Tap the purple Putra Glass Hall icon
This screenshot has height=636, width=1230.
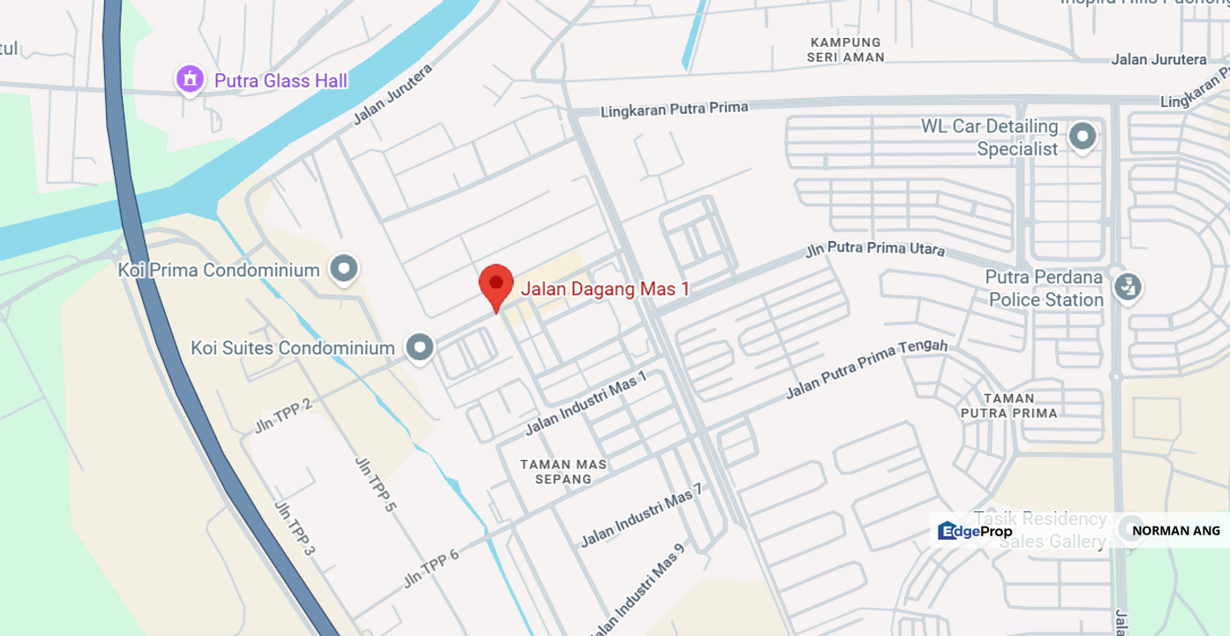(x=190, y=79)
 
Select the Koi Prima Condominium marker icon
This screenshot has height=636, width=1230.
(x=343, y=269)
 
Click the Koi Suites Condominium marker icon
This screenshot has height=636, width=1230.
(x=419, y=347)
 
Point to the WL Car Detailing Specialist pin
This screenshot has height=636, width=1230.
(x=1083, y=137)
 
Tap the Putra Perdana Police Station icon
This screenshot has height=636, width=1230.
(x=1127, y=286)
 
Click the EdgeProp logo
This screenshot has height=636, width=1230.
(x=975, y=531)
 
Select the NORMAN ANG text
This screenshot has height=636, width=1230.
(x=1175, y=531)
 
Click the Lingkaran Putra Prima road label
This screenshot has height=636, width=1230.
(x=674, y=110)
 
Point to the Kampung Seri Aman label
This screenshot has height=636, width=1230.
(x=845, y=49)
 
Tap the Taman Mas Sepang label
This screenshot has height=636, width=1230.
(x=563, y=472)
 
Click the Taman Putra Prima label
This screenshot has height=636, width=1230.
(x=1008, y=405)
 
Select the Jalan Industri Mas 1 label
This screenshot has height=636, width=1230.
(x=585, y=403)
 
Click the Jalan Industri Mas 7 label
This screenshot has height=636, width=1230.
(x=641, y=515)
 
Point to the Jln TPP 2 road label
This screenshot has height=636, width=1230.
(x=283, y=415)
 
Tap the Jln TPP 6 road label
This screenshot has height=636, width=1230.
(x=431, y=568)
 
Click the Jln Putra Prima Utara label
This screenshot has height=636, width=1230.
(x=874, y=249)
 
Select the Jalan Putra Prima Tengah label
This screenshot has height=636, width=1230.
(x=866, y=368)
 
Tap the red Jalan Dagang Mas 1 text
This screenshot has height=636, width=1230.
(x=605, y=289)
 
